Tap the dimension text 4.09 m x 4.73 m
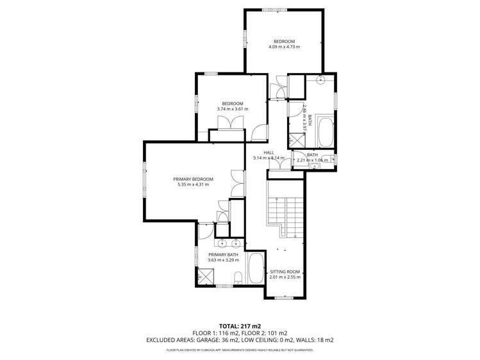click(x=284, y=47)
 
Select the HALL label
click(x=269, y=152)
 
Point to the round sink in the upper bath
click(x=320, y=80)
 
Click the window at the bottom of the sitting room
click(x=284, y=297)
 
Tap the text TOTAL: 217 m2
click(x=240, y=325)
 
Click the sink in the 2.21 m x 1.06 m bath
click(x=314, y=166)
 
